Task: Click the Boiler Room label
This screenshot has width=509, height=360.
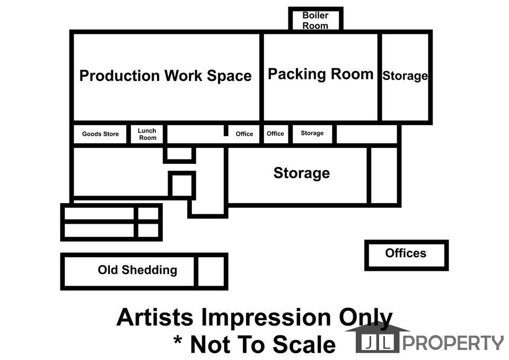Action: click(315, 20)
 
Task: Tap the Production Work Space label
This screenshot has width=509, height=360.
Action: click(165, 76)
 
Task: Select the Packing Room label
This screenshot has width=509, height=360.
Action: click(320, 74)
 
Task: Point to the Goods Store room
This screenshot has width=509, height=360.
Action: click(100, 134)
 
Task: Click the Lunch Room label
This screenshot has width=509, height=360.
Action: click(147, 134)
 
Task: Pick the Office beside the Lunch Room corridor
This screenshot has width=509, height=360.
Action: click(244, 134)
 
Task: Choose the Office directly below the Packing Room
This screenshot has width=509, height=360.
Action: click(275, 134)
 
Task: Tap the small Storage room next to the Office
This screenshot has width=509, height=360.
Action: click(312, 133)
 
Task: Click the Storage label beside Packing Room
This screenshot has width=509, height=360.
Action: click(405, 76)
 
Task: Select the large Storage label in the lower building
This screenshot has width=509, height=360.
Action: click(302, 173)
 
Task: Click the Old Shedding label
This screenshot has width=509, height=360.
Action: click(137, 270)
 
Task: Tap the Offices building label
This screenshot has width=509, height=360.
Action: click(406, 253)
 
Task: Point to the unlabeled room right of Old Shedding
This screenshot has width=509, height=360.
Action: click(211, 271)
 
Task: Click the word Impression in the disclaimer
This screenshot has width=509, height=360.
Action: click(266, 317)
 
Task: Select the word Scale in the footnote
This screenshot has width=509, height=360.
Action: click(304, 345)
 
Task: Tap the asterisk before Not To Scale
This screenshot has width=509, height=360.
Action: click(178, 340)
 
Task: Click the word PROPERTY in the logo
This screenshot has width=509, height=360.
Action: click(453, 343)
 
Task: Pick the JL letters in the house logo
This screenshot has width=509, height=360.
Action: click(377, 343)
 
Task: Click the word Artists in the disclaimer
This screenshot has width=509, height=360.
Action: click(155, 317)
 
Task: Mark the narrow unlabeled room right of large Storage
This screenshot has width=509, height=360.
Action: click(384, 175)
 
